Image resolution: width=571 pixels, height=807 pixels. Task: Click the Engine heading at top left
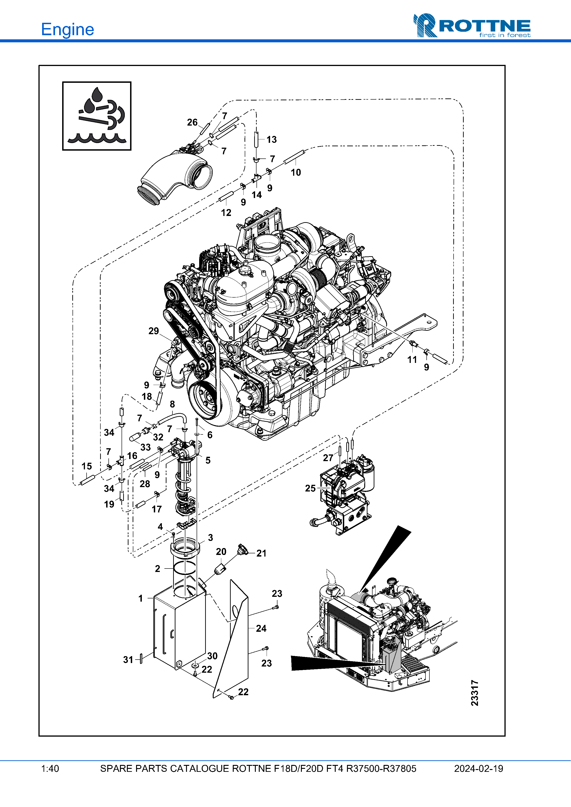(x=67, y=29)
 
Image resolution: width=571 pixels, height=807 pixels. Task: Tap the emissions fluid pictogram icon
(x=97, y=116)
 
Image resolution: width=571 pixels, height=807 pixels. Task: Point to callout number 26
(x=192, y=122)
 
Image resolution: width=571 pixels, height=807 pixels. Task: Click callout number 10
(x=296, y=172)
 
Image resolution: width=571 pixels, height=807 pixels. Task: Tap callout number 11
(x=412, y=359)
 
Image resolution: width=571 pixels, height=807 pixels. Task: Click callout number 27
(x=328, y=458)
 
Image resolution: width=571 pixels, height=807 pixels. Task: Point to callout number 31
(x=128, y=660)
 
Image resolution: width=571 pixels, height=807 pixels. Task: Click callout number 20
(x=221, y=551)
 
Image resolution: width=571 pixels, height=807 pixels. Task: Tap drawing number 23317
(x=475, y=693)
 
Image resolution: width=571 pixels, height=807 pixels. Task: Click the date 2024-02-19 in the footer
(x=478, y=769)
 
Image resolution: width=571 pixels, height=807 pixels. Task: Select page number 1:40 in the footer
(x=50, y=769)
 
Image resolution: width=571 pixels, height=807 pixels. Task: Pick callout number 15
(x=87, y=466)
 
